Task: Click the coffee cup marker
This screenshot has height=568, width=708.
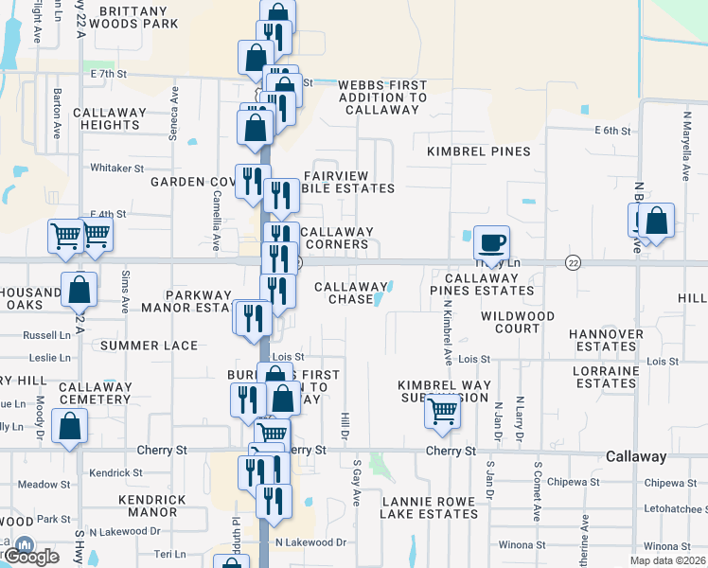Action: [x=491, y=243]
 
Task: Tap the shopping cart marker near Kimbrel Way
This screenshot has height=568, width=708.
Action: [x=443, y=411]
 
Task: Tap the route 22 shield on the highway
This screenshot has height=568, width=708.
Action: [x=573, y=261]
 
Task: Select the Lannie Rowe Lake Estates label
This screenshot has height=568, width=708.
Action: [x=429, y=506]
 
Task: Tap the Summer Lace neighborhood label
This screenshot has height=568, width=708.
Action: [x=149, y=346]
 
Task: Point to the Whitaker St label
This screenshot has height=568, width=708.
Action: [x=116, y=169]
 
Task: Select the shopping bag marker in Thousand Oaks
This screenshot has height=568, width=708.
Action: [x=80, y=292]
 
